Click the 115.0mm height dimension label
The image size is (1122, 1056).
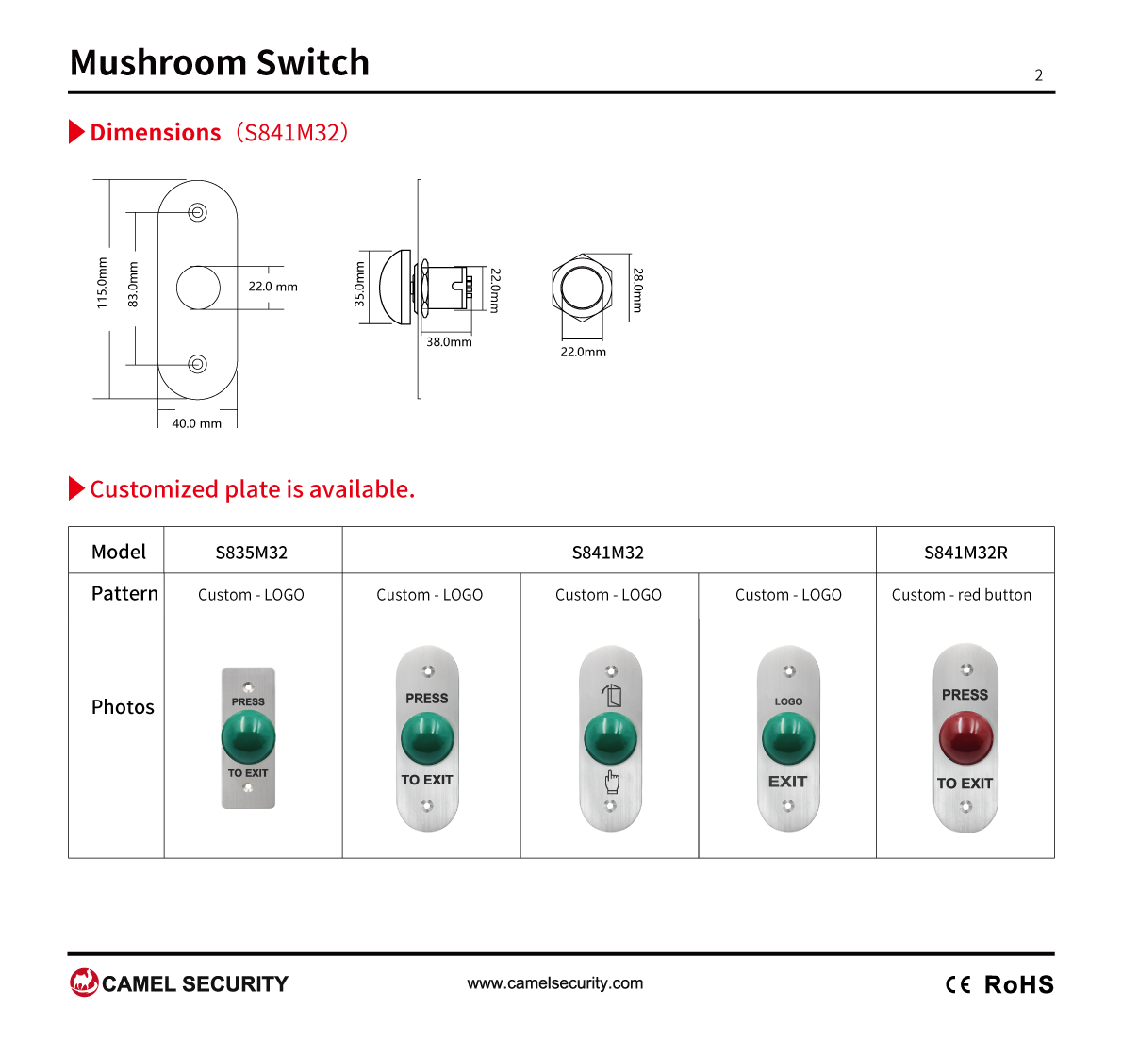[x=103, y=283]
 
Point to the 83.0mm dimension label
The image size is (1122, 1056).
[x=133, y=285]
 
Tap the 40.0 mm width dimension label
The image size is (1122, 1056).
[x=197, y=423]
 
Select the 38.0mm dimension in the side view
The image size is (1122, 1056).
[x=449, y=342]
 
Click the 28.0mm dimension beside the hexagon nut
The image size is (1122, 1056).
[x=637, y=289]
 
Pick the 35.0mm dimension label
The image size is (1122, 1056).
[x=359, y=284]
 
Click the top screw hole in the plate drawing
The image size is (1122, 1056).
[x=197, y=212]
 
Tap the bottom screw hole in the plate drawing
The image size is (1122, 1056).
[x=197, y=364]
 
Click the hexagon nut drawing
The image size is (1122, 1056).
[x=583, y=289]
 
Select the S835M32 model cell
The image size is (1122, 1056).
[x=252, y=553]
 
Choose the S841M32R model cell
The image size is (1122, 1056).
[x=965, y=553]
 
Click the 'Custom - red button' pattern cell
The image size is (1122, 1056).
[x=962, y=595]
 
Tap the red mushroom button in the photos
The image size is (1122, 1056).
[x=966, y=737]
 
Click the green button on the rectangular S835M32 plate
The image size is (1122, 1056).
[x=248, y=737]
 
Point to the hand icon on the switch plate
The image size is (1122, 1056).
[x=612, y=782]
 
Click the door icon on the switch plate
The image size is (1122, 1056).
[x=611, y=696]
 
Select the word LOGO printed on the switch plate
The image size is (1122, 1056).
[x=788, y=701]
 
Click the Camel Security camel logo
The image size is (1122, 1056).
[x=84, y=982]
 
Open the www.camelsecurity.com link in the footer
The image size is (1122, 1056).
[x=555, y=983]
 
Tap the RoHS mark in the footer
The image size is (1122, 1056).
[x=1019, y=984]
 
